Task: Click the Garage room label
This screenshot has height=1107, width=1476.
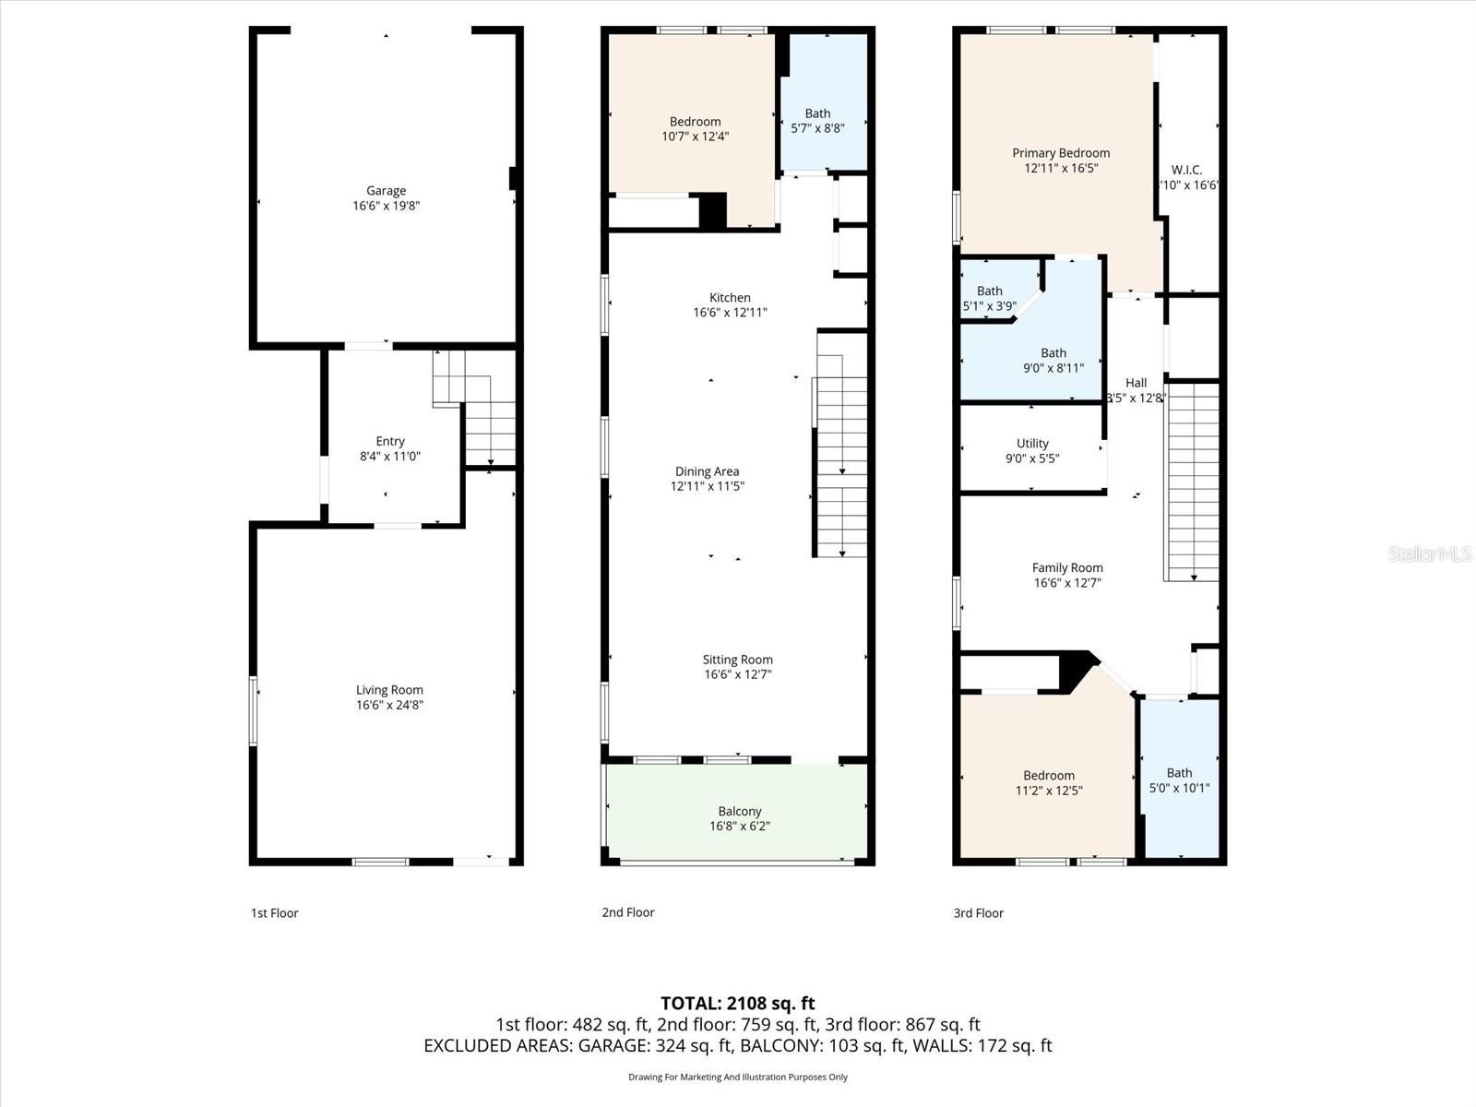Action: coord(386,191)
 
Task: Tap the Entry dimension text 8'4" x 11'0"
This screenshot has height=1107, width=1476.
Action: coord(389,456)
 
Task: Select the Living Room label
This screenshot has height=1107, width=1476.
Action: coord(389,690)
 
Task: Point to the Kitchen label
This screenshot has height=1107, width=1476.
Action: coord(730,297)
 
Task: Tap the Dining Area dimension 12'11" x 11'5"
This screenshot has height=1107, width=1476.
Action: coord(707,486)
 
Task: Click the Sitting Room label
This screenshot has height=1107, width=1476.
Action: coord(737,660)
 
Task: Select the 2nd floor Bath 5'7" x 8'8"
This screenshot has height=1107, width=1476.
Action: coord(817,121)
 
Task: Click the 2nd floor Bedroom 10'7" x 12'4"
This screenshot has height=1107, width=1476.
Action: coord(695,128)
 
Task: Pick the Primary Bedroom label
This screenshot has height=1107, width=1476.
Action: coord(1061,153)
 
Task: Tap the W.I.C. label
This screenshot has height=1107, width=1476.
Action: coord(1186,170)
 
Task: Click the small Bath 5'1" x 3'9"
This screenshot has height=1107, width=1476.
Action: coord(989,298)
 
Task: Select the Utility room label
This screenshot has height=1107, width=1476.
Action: coord(1032,443)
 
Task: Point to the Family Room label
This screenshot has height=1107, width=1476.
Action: coord(1067,567)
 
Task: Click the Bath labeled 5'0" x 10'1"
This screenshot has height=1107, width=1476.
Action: coord(1179,780)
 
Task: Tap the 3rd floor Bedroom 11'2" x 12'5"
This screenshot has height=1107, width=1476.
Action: coord(1049,782)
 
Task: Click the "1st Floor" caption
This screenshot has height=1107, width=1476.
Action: coord(275,913)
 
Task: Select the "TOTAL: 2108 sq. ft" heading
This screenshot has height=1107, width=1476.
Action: coord(737,1003)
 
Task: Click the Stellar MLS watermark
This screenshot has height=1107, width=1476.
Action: coord(1430,553)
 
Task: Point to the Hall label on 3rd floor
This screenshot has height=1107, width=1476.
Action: coord(1136,383)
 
